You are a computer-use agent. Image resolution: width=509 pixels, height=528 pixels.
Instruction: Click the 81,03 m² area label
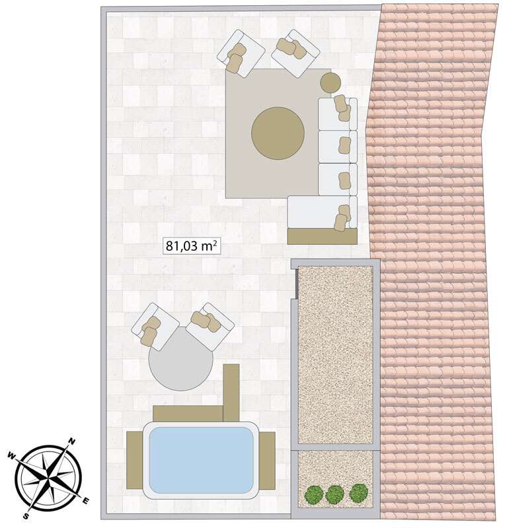coord(191,246)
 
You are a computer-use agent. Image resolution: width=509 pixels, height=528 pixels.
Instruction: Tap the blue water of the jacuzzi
coord(201,459)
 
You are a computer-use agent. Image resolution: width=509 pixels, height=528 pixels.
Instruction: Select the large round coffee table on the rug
coord(278,133)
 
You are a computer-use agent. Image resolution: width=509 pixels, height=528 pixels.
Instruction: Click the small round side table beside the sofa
coord(331,82)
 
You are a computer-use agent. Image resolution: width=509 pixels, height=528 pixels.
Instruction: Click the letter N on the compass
coord(72,442)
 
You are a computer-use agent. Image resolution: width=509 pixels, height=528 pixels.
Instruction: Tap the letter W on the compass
coord(11,456)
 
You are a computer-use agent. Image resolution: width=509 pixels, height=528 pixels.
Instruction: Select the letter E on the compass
coord(85,502)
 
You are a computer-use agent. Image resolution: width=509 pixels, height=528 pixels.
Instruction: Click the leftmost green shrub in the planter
coord(314,494)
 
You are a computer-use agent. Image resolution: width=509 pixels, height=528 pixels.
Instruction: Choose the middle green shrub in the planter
coord(335,494)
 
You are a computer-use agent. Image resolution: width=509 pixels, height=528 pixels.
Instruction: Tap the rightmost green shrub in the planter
coord(358,492)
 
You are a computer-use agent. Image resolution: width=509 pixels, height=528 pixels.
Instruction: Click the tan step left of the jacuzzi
coord(135,460)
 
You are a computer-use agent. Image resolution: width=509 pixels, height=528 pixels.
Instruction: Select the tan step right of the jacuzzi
coord(267,461)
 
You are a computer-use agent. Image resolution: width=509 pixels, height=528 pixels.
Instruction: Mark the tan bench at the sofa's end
coord(322,236)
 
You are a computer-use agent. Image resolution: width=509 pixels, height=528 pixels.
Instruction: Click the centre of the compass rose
coord(49,478)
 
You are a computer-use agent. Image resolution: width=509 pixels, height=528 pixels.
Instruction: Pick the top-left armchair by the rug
coord(241,54)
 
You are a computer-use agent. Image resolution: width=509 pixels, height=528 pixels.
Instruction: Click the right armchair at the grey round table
coord(210,326)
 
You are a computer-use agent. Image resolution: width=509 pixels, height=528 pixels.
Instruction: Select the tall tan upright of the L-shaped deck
coord(231,393)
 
